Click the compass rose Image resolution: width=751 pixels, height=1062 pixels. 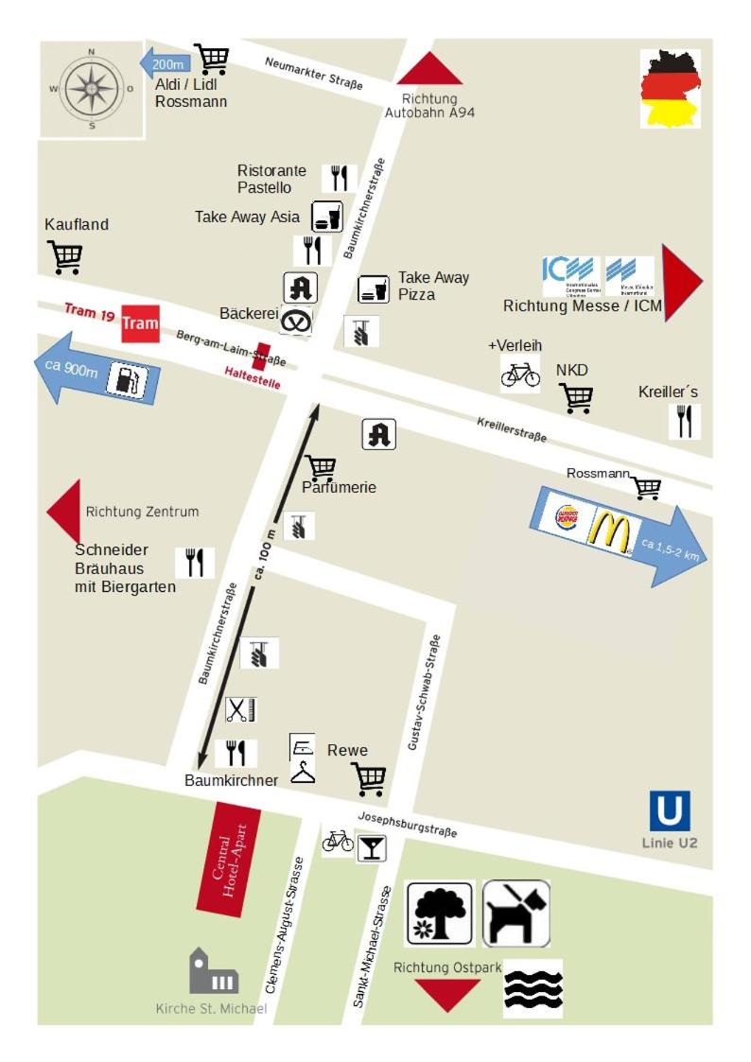(92, 88)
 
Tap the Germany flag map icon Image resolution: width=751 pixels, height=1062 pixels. (670, 88)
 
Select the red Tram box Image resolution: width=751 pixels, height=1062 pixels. (140, 323)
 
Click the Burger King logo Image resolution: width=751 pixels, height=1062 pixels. (568, 517)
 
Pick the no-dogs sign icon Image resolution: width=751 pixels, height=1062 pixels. (515, 913)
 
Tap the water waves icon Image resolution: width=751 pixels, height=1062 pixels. (533, 988)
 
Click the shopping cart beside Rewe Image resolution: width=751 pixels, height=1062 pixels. (369, 778)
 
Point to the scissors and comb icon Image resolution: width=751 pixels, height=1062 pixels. (240, 709)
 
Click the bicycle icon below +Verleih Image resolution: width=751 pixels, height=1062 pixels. (520, 374)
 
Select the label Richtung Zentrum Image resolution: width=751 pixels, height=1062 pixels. (142, 512)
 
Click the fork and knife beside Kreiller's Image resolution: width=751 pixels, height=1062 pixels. (684, 421)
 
